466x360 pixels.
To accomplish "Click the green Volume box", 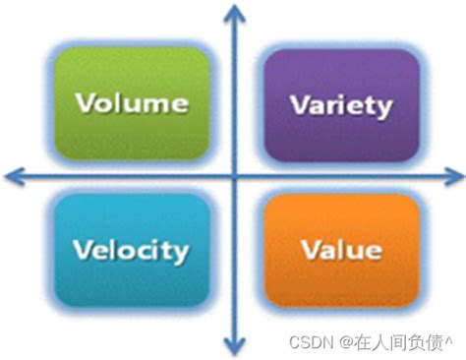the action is tap(132, 102).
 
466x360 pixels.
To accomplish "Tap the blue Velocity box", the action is tap(132, 249).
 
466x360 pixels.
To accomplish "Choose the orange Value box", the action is tap(341, 249).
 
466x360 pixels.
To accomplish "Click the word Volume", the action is tap(132, 102).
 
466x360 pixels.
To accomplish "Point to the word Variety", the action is tap(341, 105).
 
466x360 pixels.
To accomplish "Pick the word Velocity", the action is tap(132, 250).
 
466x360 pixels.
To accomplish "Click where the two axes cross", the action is tap(234, 177).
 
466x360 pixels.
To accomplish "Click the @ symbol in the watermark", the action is tap(346, 340).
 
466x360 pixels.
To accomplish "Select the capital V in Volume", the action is tap(85, 102).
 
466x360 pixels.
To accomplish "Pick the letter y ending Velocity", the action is tap(180, 253).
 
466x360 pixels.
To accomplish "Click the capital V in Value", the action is tap(312, 249).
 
